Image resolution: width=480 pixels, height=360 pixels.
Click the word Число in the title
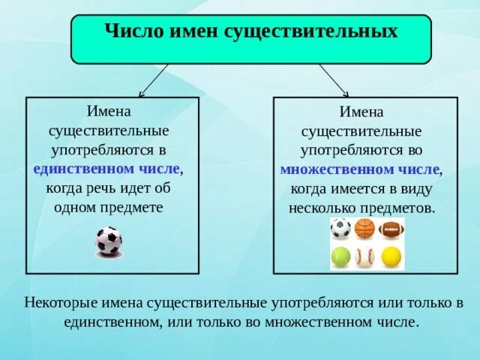[x=127, y=32]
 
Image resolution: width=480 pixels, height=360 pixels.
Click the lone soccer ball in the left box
[x=109, y=241]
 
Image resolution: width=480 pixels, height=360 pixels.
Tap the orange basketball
[x=364, y=228]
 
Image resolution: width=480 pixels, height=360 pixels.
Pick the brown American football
[x=391, y=228]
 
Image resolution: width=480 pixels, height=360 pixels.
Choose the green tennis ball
[x=340, y=257]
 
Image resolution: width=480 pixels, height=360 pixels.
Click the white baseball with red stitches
[x=364, y=257]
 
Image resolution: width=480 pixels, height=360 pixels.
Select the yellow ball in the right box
[x=391, y=257]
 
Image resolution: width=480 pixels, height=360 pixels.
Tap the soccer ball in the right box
[x=340, y=228]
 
